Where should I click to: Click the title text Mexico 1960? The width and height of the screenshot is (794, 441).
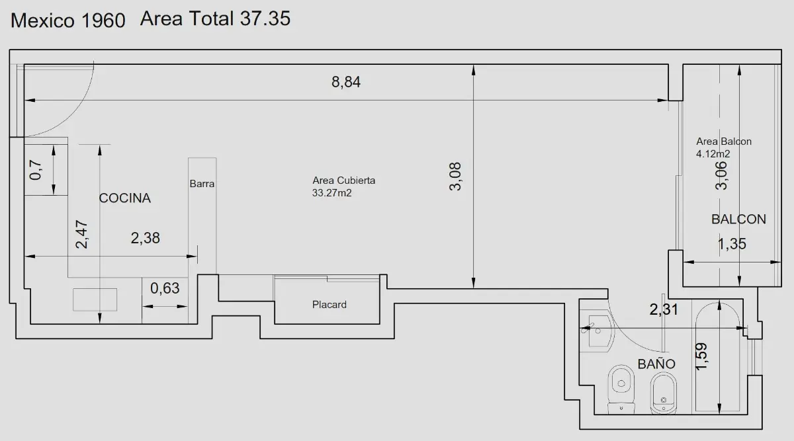tap(67, 20)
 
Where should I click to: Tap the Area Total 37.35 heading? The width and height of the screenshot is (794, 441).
tap(215, 19)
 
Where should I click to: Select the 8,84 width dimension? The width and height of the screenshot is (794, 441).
tap(346, 82)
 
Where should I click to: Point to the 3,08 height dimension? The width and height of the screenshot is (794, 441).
tap(455, 177)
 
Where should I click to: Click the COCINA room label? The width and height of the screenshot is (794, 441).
tap(125, 198)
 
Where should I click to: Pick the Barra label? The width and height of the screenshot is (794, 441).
tap(202, 184)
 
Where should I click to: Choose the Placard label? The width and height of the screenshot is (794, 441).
tap(330, 305)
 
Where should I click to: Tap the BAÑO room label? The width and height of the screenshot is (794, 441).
tap(656, 364)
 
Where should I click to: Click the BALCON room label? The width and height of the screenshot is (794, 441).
tap(738, 220)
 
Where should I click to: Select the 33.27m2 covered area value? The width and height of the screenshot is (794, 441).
tap(331, 193)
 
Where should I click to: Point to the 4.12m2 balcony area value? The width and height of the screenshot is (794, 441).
tap(713, 154)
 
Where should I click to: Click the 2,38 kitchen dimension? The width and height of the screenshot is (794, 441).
tap(146, 238)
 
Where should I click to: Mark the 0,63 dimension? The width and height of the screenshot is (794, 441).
tap(165, 288)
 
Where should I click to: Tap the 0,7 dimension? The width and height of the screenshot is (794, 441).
tap(36, 170)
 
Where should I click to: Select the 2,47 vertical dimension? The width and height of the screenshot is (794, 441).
tap(82, 234)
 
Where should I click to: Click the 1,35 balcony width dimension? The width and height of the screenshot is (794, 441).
tap(732, 244)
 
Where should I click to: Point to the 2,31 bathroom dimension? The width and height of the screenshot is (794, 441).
tap(664, 309)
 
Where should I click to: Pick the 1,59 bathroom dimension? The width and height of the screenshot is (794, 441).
tap(701, 356)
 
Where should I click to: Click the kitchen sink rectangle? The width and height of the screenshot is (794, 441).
tap(95, 300)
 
